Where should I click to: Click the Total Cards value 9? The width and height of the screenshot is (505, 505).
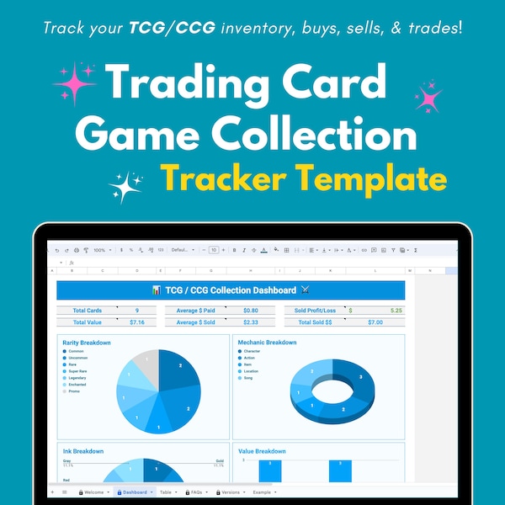tap(136, 311)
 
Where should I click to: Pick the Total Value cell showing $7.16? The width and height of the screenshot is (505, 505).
tap(136, 322)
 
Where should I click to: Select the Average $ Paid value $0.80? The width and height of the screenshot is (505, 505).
tap(250, 311)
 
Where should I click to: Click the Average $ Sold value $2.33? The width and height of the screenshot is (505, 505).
tap(250, 322)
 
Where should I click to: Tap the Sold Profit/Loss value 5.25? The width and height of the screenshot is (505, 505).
tap(396, 311)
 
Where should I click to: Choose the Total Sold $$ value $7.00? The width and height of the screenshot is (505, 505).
tap(375, 322)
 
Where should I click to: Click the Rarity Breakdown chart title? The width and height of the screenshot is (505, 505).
tap(87, 343)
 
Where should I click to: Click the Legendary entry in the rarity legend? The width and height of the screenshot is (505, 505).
tap(77, 378)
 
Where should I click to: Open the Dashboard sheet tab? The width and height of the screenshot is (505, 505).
tap(135, 492)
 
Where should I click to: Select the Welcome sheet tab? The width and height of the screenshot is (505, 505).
tap(94, 492)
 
